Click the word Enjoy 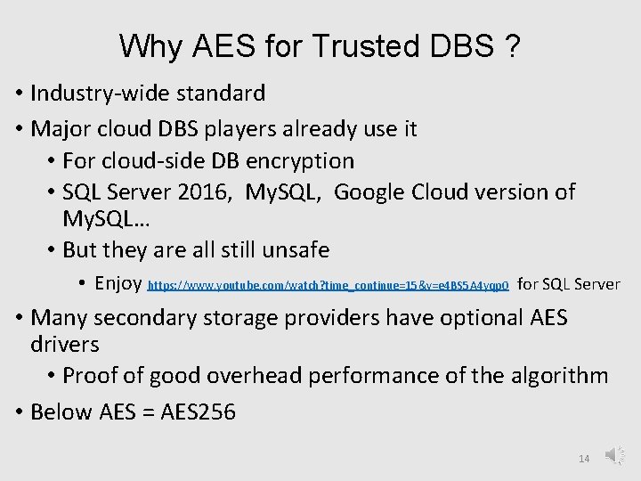click(x=118, y=283)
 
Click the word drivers click(x=65, y=344)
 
